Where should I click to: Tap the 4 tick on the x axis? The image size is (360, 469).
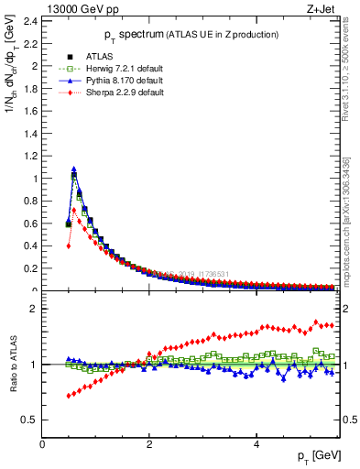click(x=256, y=444)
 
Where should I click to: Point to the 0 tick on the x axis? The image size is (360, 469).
click(x=43, y=444)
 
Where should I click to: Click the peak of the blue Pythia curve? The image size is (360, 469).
click(x=74, y=169)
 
